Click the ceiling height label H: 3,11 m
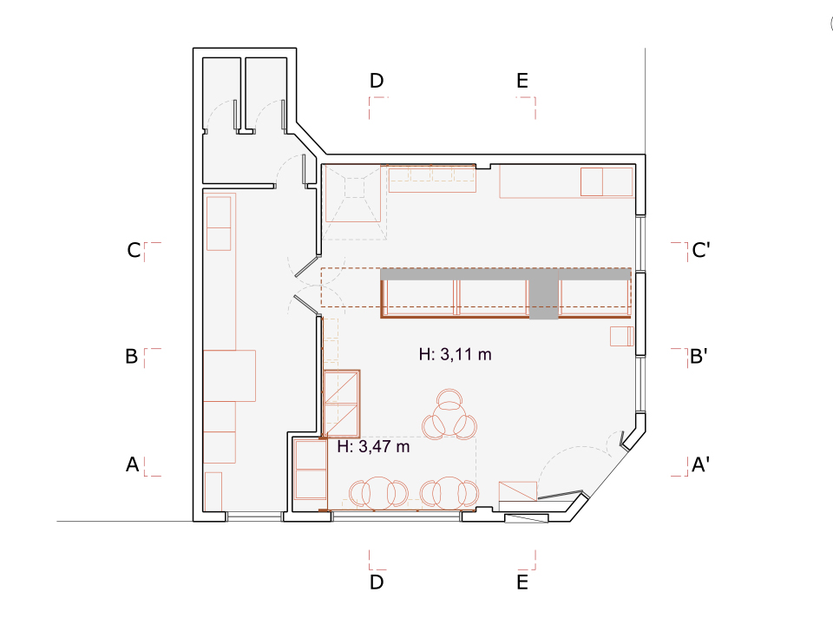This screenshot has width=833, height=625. tap(456, 354)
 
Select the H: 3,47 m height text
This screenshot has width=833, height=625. tap(373, 446)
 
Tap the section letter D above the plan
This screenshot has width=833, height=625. tap(377, 81)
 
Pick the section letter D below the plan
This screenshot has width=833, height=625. tap(377, 582)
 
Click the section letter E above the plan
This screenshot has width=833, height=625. tap(522, 81)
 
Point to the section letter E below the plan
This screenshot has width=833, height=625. tap(522, 582)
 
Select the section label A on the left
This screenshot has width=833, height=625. tap(132, 464)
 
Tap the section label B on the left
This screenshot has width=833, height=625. tap(132, 356)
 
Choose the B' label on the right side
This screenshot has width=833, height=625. tap(699, 356)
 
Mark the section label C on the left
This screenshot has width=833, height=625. tap(134, 250)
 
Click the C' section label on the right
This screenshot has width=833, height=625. tap(701, 249)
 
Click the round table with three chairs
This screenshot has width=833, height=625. tap(449, 416)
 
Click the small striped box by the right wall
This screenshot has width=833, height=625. tap(621, 337)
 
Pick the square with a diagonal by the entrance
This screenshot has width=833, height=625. tap(517, 491)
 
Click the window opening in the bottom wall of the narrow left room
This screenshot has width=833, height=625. tap(254, 516)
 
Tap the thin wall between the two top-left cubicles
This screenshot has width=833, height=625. tap(243, 94)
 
